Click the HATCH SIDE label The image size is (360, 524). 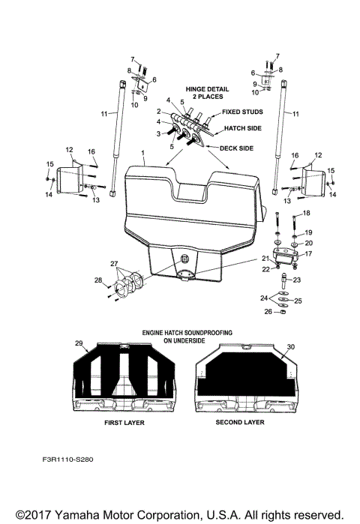click(241, 128)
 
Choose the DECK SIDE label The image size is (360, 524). click(236, 148)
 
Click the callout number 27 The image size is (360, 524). click(114, 264)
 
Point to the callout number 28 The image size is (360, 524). click(97, 280)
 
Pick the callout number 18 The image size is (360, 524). click(305, 214)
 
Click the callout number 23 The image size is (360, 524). click(296, 280)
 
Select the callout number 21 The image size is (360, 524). click(265, 258)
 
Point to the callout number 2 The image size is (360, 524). click(159, 111)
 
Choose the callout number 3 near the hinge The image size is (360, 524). click(158, 133)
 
